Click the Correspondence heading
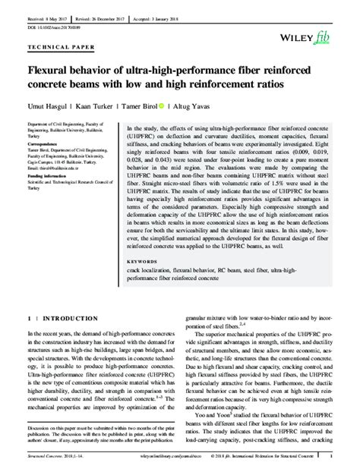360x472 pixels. click(x=43, y=143)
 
